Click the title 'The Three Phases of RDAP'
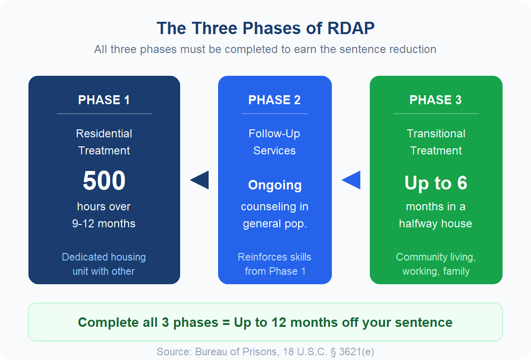coord(265,28)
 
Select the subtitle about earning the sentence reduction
coord(265,49)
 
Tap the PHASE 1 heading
coord(104,100)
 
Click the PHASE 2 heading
coord(275,100)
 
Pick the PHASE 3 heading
coord(436,100)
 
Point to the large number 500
coord(104,181)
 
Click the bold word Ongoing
coord(275,185)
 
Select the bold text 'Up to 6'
coord(436,183)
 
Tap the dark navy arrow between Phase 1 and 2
coord(200,180)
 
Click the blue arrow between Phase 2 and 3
coord(351,180)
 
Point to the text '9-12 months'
coord(104,224)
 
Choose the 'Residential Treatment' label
coord(104,142)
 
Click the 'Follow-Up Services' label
coord(275,142)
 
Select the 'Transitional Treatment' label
coord(436,142)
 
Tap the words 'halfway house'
coord(436,224)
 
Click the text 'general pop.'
coord(275,224)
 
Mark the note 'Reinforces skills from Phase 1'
coord(275,264)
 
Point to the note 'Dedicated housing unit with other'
coord(104,264)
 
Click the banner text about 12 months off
coord(265,323)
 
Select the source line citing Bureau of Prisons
coord(265,351)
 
